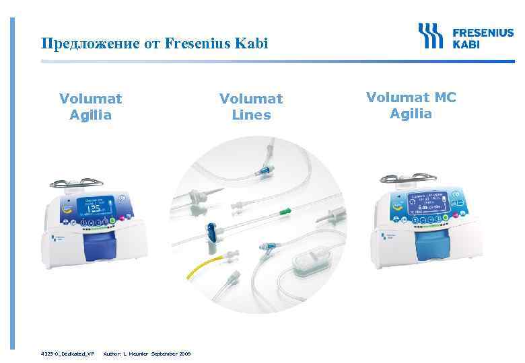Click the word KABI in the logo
click(x=467, y=44)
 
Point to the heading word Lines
click(x=251, y=115)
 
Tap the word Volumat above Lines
click(x=251, y=99)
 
